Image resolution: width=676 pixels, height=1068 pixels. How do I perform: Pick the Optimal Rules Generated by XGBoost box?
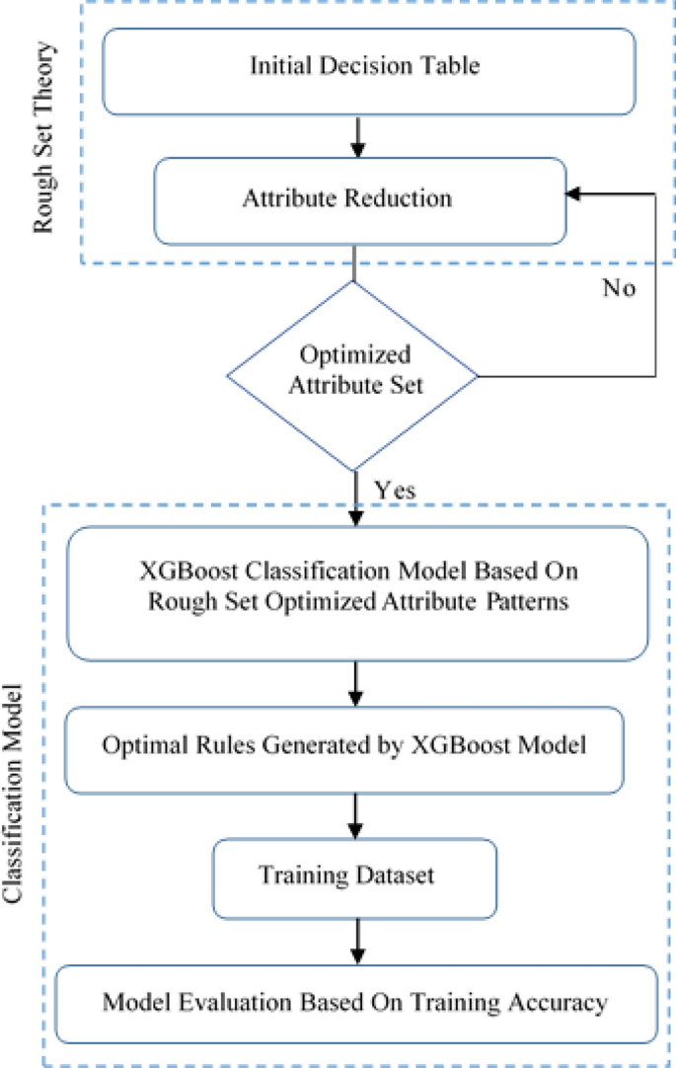click(x=357, y=746)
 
